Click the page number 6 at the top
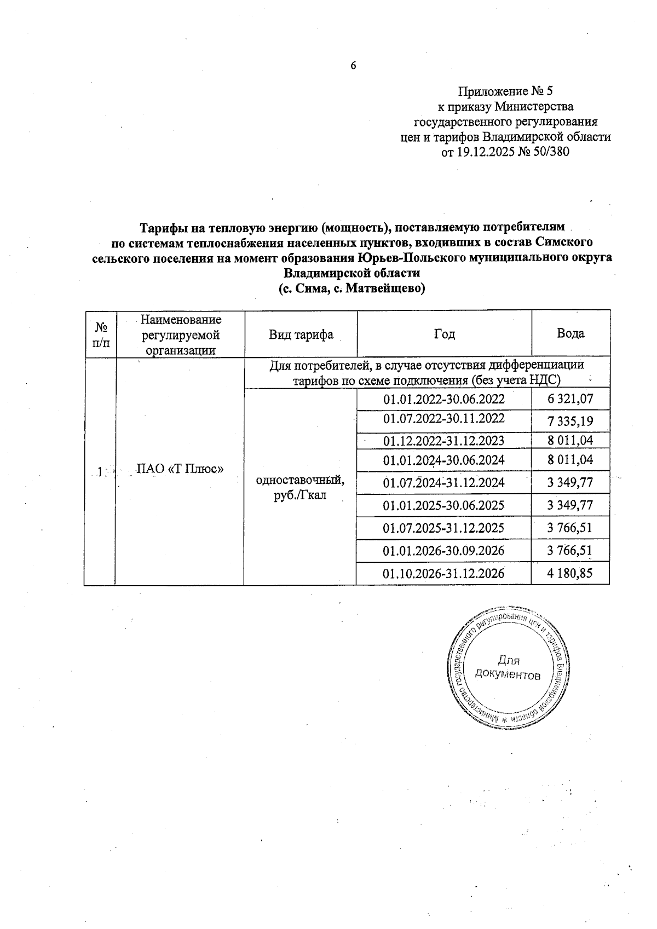pos(353,66)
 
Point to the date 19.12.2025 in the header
pos(485,152)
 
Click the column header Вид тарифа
pos(301,334)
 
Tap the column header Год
pos(444,334)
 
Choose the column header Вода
pos(570,333)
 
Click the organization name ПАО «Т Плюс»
pos(180,469)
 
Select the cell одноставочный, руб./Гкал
pos(300,488)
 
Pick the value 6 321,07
pos(570,399)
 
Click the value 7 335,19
pos(570,421)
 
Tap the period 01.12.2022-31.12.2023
pos(443,441)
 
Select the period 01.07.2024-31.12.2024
pos(443,482)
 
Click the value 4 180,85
pos(570,573)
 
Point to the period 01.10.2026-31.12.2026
pos(443,573)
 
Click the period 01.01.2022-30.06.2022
pos(443,399)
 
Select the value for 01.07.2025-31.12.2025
pos(570,528)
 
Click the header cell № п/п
pos(101,334)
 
